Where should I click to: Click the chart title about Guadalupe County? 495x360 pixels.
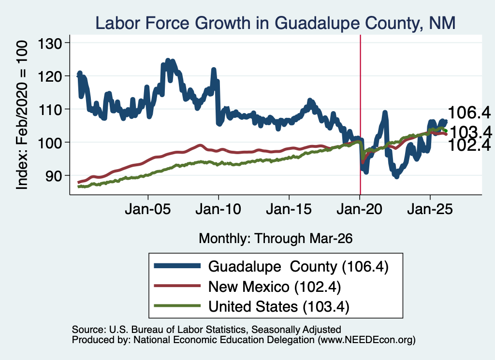point(275,23)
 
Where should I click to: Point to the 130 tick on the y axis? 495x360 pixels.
point(50,43)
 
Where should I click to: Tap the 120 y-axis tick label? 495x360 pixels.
point(50,76)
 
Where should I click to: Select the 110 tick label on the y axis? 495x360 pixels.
point(50,110)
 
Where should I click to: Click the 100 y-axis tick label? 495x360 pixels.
point(50,143)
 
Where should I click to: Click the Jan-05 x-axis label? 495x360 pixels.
point(148,209)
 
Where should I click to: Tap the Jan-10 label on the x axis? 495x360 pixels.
point(218,209)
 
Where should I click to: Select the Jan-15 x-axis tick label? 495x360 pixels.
point(289,209)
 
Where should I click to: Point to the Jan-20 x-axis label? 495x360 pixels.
point(360,209)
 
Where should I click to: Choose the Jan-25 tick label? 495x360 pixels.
point(430,209)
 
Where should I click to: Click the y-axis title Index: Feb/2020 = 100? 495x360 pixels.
point(22,115)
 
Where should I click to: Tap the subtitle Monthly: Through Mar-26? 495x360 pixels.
point(276,239)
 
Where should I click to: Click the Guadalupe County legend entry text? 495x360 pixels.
point(298,267)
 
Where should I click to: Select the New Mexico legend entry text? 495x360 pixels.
point(275,287)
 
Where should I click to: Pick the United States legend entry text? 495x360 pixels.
point(279,307)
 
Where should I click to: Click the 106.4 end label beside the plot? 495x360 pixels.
point(469,113)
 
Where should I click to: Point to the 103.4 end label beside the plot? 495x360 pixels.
point(470,132)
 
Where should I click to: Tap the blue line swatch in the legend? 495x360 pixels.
point(177,266)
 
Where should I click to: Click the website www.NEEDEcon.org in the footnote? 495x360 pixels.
point(366,340)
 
